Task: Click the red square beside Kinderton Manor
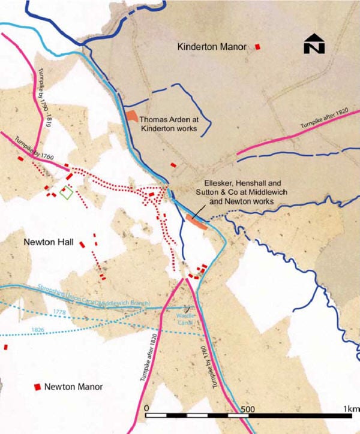[258, 46]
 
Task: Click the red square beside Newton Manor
[38, 387]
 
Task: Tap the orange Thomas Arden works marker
[131, 116]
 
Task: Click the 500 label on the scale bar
[245, 409]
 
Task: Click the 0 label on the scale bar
[147, 409]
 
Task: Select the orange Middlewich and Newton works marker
[196, 222]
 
